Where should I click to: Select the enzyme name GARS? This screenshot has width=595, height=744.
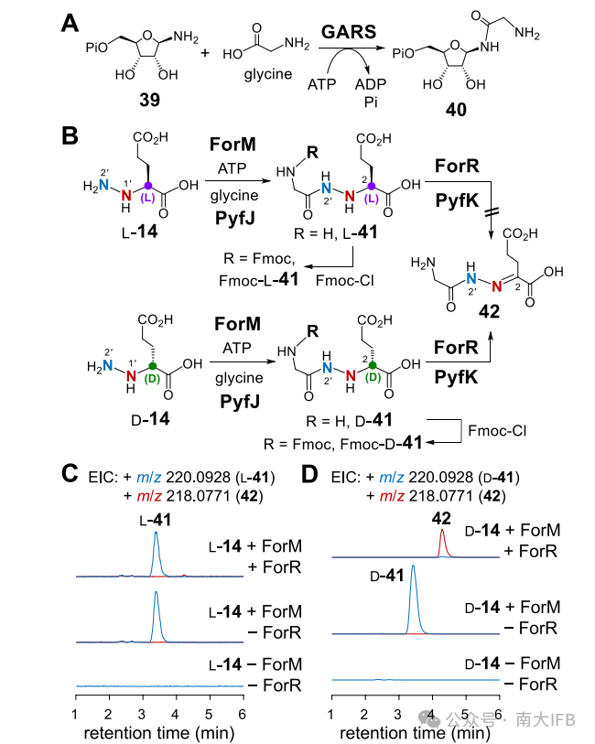click(348, 31)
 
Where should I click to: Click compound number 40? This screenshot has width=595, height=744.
click(456, 108)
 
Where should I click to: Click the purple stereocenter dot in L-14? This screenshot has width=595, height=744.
click(146, 182)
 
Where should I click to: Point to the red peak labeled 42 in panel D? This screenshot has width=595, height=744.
click(442, 540)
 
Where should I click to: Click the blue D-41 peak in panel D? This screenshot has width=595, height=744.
click(413, 595)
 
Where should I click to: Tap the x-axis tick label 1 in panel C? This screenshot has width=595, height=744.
click(75, 713)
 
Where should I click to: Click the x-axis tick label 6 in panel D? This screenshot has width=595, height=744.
click(499, 713)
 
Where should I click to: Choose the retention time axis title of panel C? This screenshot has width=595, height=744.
click(157, 732)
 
